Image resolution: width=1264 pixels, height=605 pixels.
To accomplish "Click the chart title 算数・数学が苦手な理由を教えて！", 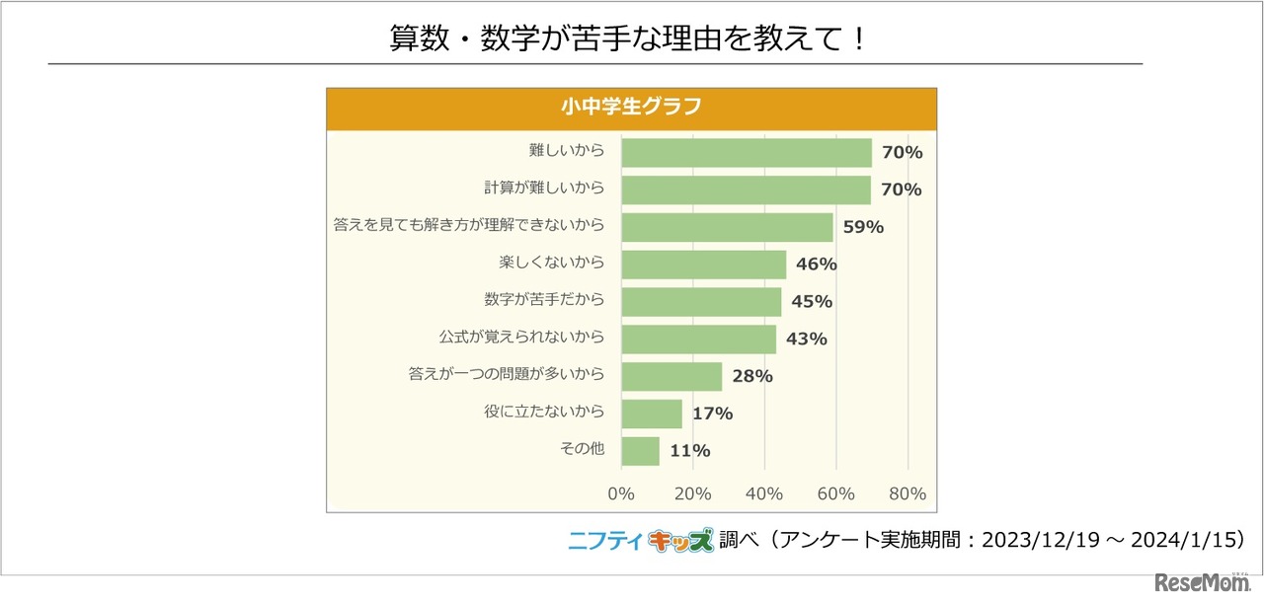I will [x=628, y=40].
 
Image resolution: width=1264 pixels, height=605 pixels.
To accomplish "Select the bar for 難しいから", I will [x=747, y=152].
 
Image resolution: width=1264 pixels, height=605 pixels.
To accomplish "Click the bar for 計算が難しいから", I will [x=747, y=189].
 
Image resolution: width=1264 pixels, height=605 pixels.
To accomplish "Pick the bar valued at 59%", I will [x=727, y=227].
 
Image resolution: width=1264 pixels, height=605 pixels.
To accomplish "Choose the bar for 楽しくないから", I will [x=704, y=265].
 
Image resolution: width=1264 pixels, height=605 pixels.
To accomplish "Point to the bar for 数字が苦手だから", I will [x=701, y=301].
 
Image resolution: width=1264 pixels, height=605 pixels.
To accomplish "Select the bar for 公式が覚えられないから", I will [x=698, y=339].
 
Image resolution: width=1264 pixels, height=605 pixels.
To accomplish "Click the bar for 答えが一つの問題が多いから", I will [x=671, y=376].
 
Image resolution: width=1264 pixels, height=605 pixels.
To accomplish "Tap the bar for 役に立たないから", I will [x=652, y=414].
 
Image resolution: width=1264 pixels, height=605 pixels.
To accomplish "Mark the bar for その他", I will [x=641, y=450].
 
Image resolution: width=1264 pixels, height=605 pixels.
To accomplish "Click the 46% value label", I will [x=817, y=265].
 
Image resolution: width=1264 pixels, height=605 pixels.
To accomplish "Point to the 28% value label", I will [x=752, y=376].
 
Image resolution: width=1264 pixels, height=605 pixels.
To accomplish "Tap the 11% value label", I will [x=690, y=451].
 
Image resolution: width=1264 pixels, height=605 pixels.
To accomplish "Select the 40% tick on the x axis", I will [x=764, y=493].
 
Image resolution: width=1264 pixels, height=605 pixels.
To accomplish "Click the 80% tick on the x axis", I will [x=908, y=493].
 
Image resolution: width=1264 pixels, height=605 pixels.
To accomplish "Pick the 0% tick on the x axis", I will [x=621, y=493].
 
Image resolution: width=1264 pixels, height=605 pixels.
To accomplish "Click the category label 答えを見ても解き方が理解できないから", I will [x=469, y=226].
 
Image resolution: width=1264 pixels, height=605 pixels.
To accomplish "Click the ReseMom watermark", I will [x=1198, y=581].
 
